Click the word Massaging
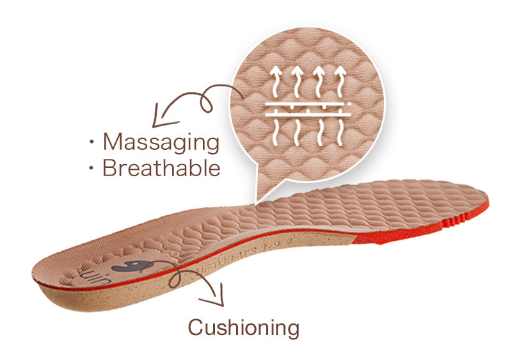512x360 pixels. click(x=161, y=142)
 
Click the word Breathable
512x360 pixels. click(x=161, y=168)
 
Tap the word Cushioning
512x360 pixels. click(x=243, y=327)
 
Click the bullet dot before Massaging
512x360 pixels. click(x=92, y=142)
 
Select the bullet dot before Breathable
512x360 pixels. click(x=92, y=168)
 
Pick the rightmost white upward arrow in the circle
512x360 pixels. click(x=339, y=80)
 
